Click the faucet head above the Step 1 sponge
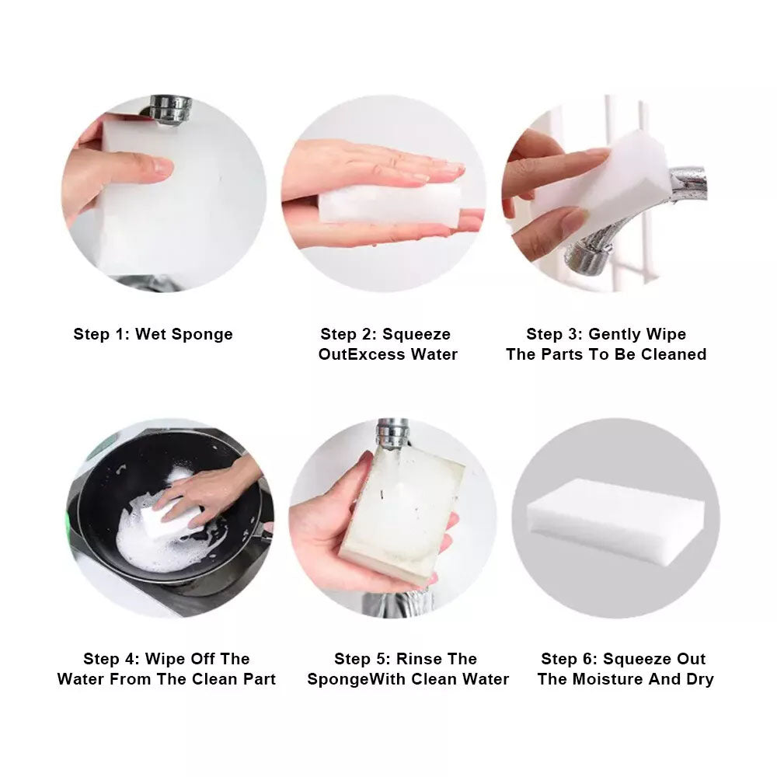pyautogui.click(x=170, y=109)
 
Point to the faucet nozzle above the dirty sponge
pyautogui.click(x=392, y=434)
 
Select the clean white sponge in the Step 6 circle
pyautogui.click(x=615, y=521)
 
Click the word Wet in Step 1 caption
pyautogui.click(x=151, y=334)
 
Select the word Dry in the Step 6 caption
pyautogui.click(x=700, y=680)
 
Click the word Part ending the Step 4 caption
pyautogui.click(x=260, y=679)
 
